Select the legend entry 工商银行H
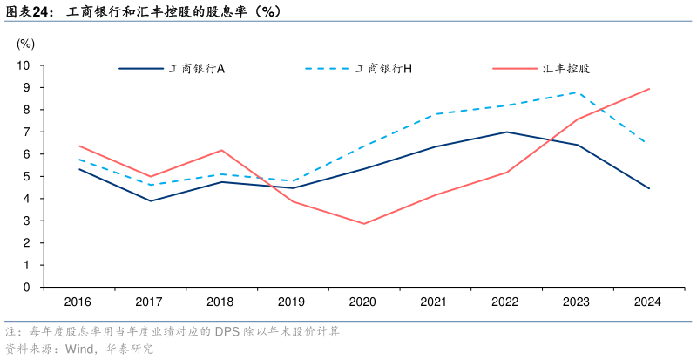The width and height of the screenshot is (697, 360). tap(384, 68)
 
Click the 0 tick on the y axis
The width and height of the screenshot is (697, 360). tap(27, 287)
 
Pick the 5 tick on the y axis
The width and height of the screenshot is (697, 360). tap(27, 176)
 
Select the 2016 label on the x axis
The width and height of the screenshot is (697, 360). tap(79, 302)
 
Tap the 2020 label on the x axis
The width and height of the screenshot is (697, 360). tap(363, 302)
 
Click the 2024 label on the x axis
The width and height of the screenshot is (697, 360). tap(648, 302)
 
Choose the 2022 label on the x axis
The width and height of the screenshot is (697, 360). tap(506, 302)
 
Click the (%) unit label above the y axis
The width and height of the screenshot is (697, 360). tap(25, 43)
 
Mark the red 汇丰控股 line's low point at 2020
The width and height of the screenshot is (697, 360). tap(363, 224)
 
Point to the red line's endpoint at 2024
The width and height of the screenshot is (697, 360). tap(649, 89)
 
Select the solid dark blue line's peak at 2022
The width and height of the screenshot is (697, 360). tap(506, 132)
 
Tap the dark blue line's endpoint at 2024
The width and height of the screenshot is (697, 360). tap(649, 188)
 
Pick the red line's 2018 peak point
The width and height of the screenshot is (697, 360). tap(221, 150)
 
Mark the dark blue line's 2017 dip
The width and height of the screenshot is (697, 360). tap(150, 201)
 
